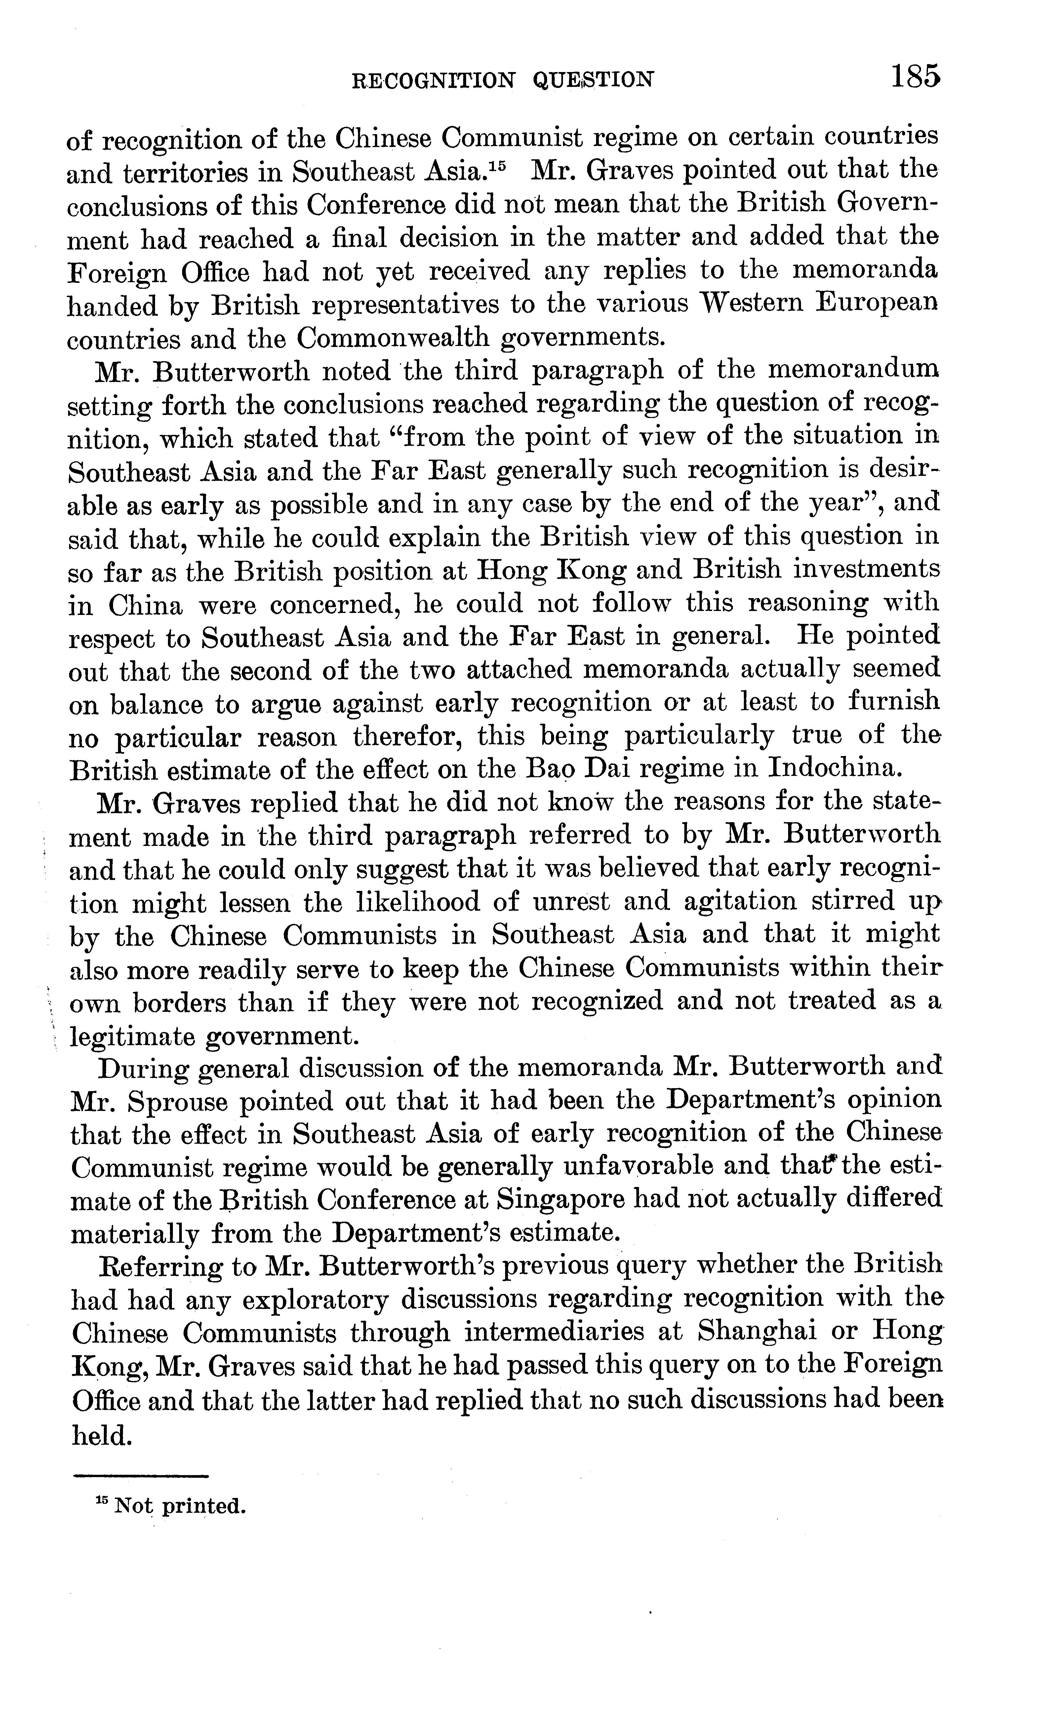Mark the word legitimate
[x=132, y=1036]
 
